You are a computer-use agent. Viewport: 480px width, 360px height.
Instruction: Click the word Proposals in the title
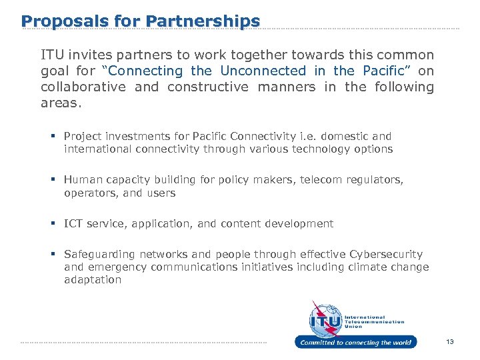[56, 21]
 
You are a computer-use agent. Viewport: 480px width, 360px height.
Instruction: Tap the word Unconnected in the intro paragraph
[263, 71]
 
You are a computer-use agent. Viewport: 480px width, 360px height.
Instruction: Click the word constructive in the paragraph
[207, 87]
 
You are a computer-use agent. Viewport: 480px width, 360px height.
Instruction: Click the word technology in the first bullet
[319, 149]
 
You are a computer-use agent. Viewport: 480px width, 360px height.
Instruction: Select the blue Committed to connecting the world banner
[355, 343]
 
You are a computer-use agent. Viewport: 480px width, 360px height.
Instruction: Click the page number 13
[450, 342]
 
